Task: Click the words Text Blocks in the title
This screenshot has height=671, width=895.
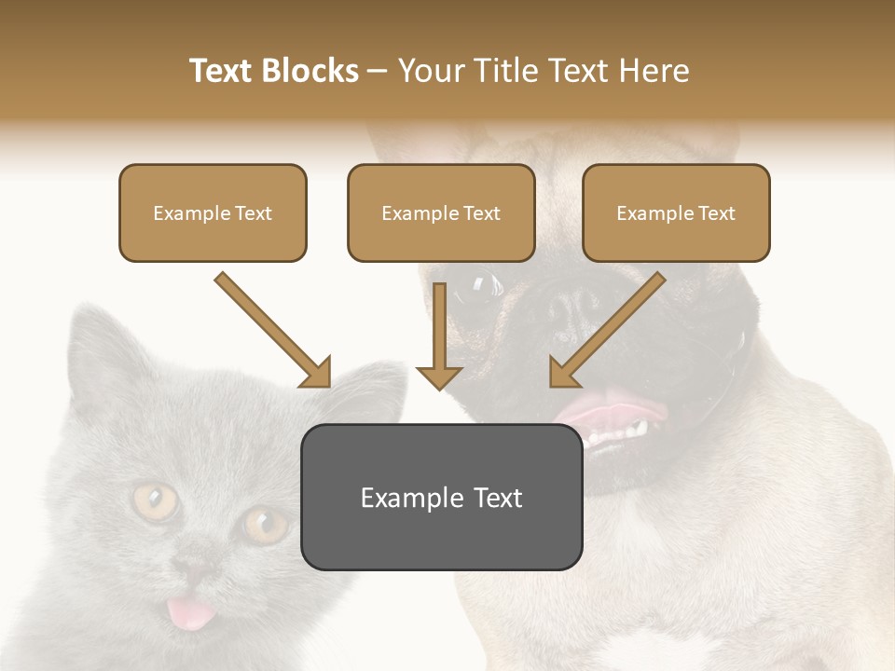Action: point(273,71)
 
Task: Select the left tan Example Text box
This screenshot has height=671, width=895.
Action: point(213,213)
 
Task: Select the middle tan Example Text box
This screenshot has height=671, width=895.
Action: point(441,213)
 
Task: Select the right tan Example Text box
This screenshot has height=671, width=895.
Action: point(676,213)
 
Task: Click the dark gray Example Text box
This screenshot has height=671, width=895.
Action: point(441,497)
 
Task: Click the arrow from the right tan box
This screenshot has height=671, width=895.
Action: point(606,331)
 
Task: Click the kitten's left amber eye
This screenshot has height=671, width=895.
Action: point(155,501)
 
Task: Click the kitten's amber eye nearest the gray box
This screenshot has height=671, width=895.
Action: point(265,526)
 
